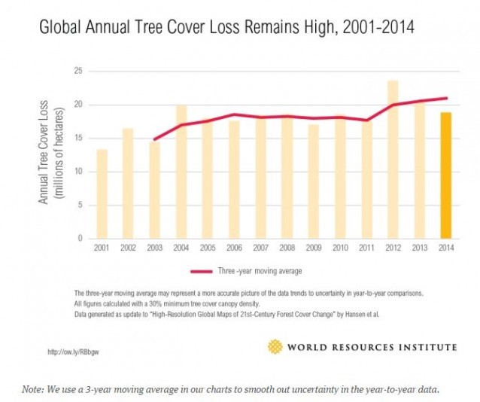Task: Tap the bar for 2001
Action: [x=102, y=194]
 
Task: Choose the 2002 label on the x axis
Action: [x=129, y=248]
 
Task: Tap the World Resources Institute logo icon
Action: [x=275, y=346]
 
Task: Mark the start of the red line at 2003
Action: [x=155, y=139]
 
